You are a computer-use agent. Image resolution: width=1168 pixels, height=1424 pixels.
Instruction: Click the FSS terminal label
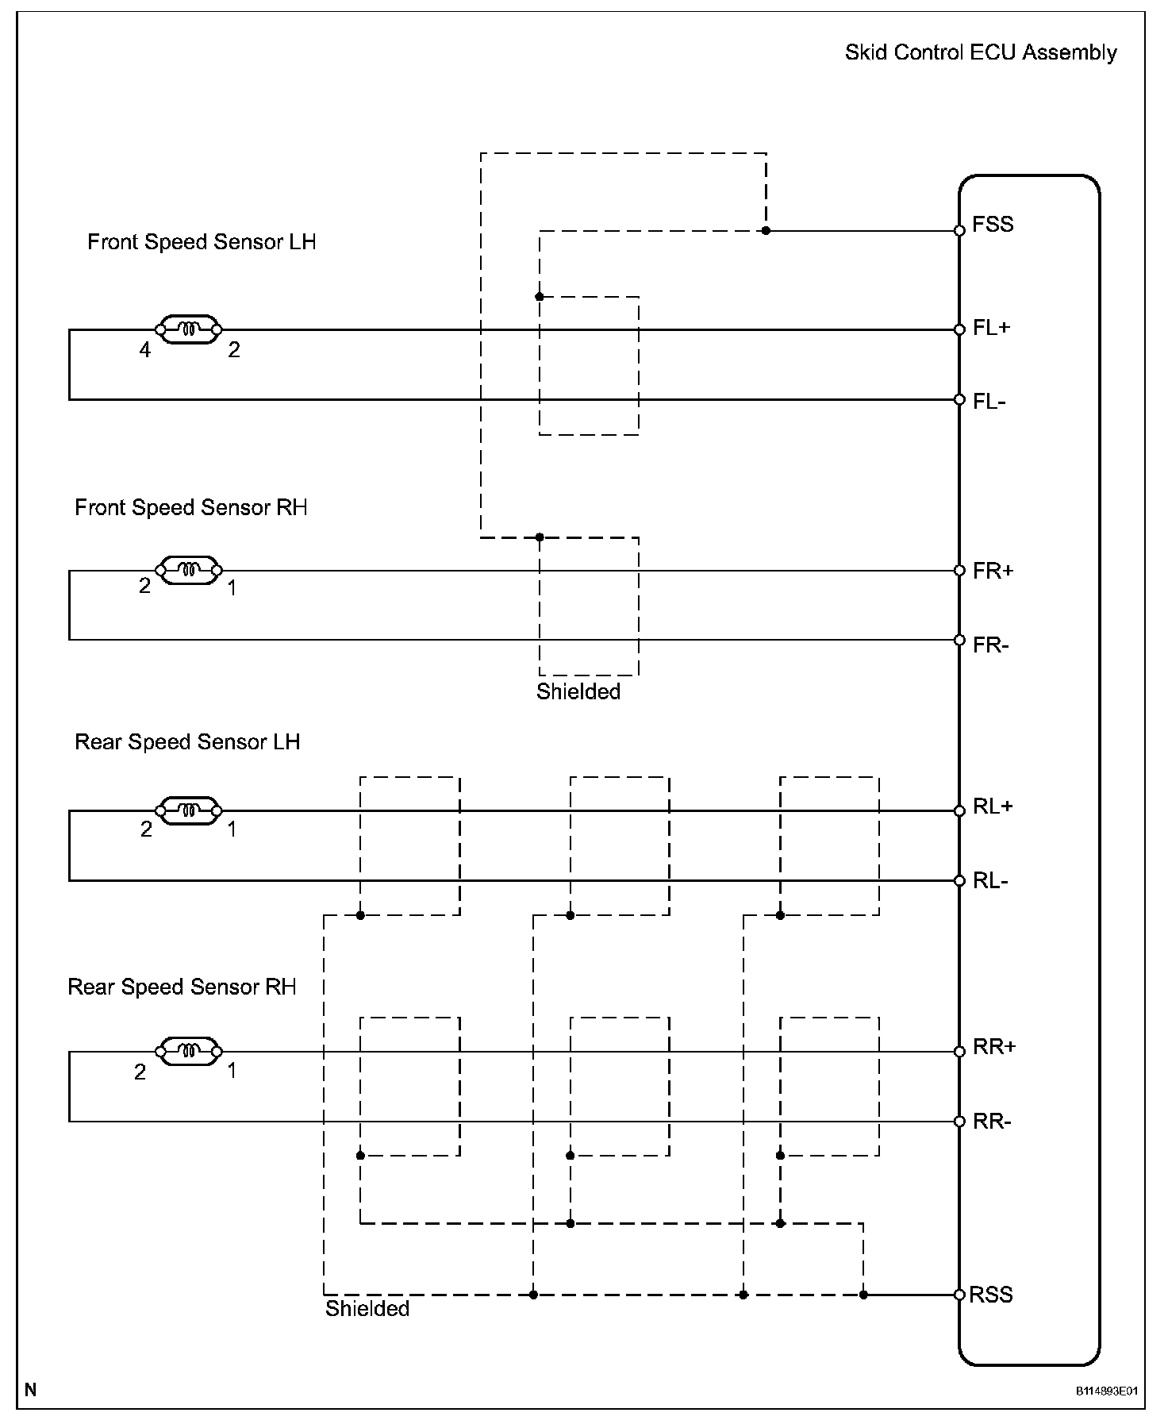(993, 224)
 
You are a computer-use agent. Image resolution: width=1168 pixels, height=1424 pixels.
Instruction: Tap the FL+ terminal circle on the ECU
(959, 329)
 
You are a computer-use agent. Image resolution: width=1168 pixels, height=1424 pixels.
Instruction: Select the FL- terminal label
(989, 402)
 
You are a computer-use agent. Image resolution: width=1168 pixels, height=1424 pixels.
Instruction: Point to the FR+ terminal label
(993, 572)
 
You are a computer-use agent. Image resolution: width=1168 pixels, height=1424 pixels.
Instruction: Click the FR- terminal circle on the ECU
(959, 640)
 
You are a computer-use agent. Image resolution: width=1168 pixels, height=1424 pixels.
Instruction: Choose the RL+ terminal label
(993, 807)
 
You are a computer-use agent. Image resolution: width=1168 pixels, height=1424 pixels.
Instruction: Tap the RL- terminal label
(990, 881)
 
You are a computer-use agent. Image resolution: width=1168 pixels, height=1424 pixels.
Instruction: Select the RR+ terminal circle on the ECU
(959, 1052)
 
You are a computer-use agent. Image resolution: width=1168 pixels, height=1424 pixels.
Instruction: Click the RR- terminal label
(992, 1122)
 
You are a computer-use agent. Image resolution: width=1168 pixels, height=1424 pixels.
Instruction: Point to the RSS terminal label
(992, 1295)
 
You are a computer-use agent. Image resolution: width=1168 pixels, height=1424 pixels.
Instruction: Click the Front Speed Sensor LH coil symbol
(189, 329)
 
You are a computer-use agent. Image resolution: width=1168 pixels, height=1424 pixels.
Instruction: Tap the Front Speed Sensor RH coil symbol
(189, 570)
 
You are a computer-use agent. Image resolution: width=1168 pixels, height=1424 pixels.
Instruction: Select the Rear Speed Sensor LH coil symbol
(189, 810)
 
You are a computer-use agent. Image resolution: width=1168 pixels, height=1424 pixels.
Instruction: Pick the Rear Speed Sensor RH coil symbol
(189, 1052)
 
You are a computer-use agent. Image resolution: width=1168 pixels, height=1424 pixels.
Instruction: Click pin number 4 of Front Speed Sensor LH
(145, 350)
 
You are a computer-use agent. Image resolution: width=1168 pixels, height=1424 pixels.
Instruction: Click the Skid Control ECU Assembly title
(981, 53)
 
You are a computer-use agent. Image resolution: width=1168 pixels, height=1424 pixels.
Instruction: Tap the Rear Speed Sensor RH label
(182, 987)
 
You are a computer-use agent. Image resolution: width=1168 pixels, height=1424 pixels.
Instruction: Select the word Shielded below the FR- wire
(578, 691)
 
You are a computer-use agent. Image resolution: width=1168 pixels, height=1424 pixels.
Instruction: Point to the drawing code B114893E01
(1107, 1391)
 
